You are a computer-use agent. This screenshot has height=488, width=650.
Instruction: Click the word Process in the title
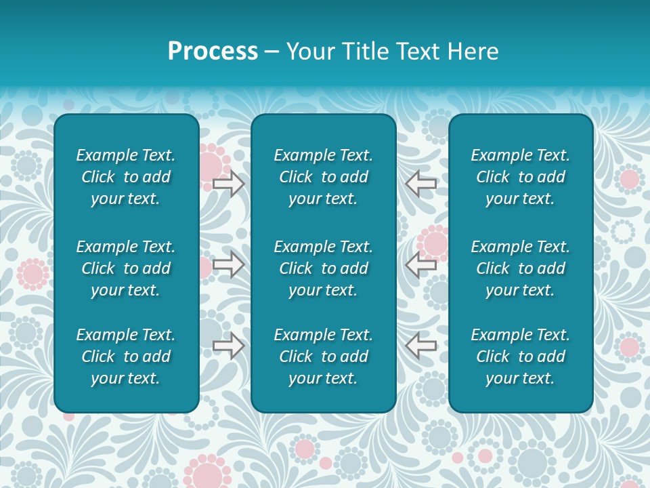[213, 52]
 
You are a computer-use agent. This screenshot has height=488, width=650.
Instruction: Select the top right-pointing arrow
[228, 183]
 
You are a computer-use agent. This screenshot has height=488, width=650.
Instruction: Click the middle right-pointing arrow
[228, 264]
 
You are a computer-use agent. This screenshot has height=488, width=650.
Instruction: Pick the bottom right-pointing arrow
[228, 346]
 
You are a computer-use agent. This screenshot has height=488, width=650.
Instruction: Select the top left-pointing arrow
[420, 183]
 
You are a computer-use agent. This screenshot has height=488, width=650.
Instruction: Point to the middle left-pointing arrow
[420, 264]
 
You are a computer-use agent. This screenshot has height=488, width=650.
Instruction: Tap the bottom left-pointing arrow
[420, 346]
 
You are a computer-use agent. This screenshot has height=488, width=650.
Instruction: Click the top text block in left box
[126, 177]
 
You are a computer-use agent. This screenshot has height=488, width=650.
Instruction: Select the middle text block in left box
[126, 268]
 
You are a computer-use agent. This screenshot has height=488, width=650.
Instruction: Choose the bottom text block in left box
[126, 357]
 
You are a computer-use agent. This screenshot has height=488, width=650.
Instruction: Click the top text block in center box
[323, 177]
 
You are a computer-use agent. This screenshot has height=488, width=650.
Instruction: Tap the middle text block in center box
[323, 268]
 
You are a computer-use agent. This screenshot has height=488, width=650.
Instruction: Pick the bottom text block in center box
[323, 357]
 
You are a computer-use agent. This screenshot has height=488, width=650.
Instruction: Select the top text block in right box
[520, 177]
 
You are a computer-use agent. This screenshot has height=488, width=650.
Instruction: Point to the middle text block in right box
[520, 268]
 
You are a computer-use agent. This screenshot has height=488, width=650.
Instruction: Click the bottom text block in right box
[520, 357]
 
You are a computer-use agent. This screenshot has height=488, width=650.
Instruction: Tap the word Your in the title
[309, 52]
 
